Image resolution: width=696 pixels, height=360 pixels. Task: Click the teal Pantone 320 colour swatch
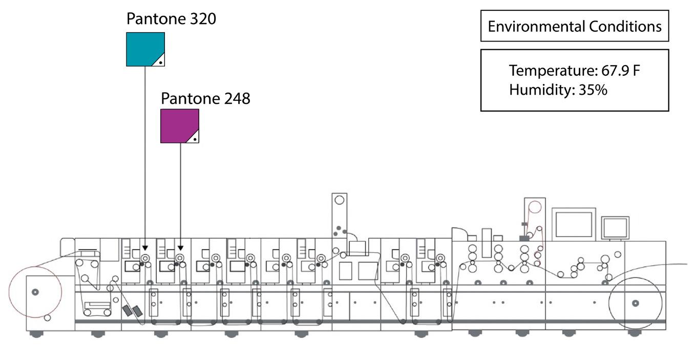(142, 48)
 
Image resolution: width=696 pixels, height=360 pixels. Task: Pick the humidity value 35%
(593, 90)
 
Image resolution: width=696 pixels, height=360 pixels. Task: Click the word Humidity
(542, 90)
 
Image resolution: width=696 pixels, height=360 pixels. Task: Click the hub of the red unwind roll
(35, 292)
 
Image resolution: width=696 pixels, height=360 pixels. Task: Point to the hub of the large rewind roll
(636, 303)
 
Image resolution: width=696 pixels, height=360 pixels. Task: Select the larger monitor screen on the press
(574, 224)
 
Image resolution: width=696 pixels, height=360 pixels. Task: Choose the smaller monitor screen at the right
(615, 227)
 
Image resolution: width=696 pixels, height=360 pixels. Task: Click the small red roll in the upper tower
(534, 207)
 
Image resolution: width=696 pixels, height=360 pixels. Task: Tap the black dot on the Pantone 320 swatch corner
(160, 62)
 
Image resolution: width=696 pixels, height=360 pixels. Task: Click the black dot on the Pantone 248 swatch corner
(195, 139)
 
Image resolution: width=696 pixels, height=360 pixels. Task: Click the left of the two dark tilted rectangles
(128, 310)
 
